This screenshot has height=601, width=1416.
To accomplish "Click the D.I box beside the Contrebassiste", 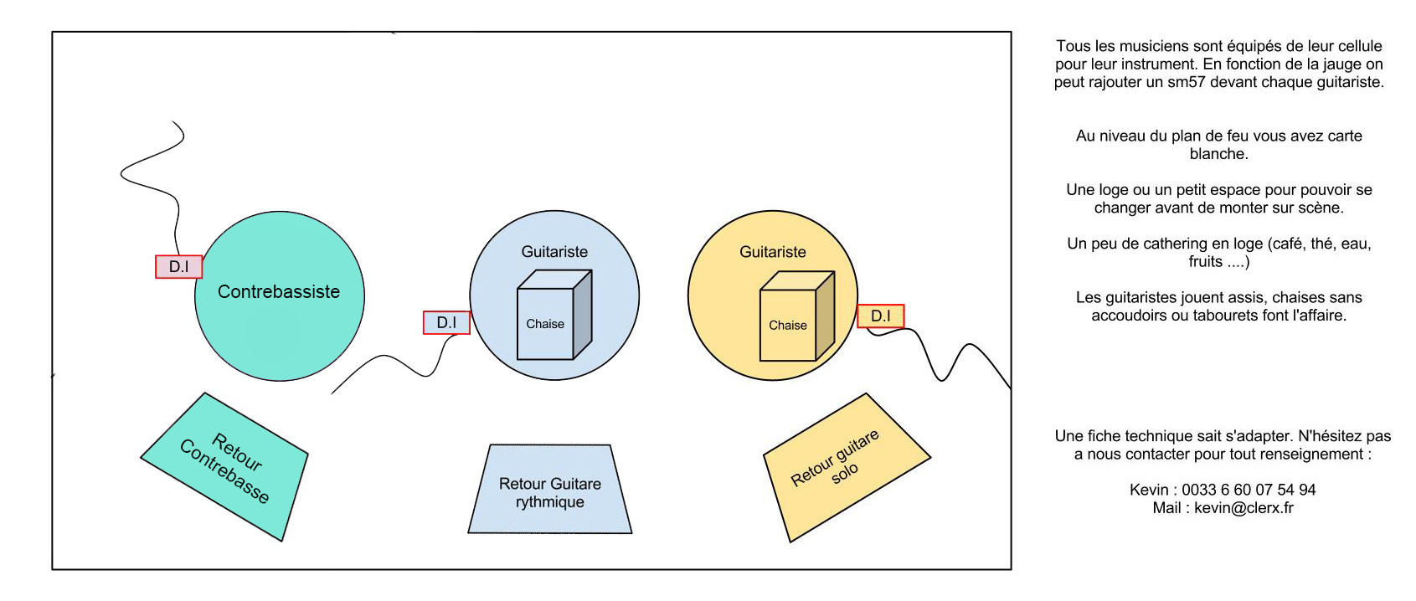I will pyautogui.click(x=178, y=266).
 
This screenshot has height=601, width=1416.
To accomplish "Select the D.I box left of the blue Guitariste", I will pyautogui.click(x=446, y=322).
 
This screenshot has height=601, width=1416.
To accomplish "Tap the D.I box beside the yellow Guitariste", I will pyautogui.click(x=880, y=316).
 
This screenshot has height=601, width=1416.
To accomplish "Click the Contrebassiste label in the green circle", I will pyautogui.click(x=279, y=291).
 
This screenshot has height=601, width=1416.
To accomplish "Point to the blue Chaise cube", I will pyautogui.click(x=553, y=316).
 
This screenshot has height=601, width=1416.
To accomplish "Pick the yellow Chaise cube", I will pyautogui.click(x=796, y=318).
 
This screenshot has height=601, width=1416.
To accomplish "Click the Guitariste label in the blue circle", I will pyautogui.click(x=554, y=252).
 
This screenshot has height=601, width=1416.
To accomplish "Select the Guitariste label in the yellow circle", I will pyautogui.click(x=772, y=252).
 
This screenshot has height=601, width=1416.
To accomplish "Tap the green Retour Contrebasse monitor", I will pyautogui.click(x=224, y=467).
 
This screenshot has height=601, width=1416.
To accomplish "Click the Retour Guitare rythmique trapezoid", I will pyautogui.click(x=550, y=492).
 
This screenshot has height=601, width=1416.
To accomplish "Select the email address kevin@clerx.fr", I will pyautogui.click(x=1244, y=508).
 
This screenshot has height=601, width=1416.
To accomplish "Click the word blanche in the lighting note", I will pyautogui.click(x=1218, y=154).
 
